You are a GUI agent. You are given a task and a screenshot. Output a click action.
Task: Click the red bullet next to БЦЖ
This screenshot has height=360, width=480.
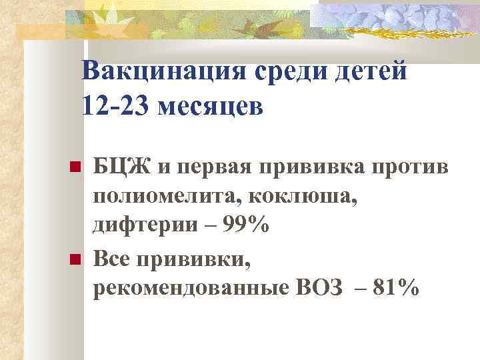click(x=75, y=166)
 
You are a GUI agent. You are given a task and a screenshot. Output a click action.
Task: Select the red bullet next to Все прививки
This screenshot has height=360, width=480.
click(x=75, y=258)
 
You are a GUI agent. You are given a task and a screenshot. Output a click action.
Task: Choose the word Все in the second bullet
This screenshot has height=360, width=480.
click(x=114, y=258)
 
